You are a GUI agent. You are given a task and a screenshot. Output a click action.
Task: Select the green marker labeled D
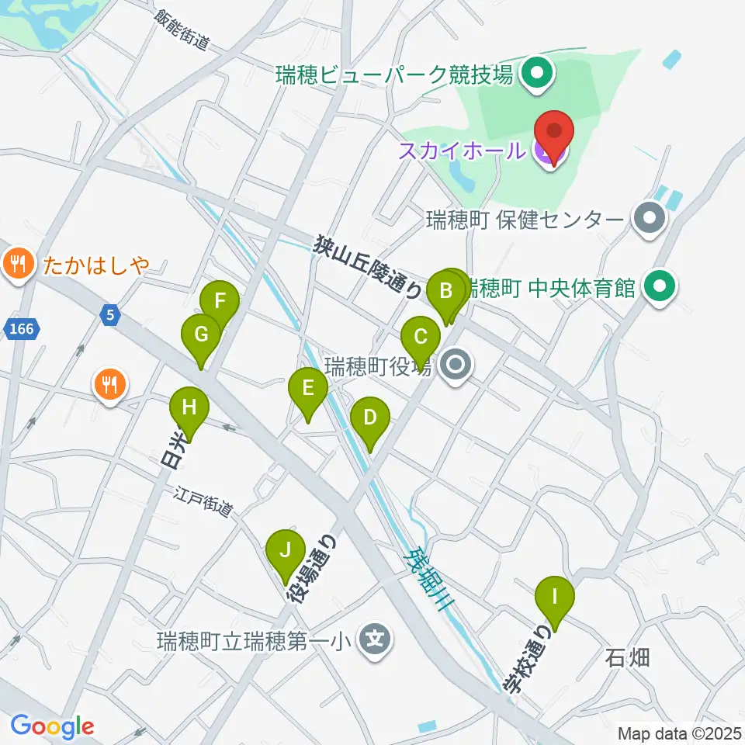click(x=370, y=419)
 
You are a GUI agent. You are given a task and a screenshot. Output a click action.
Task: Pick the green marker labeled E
click(x=308, y=387)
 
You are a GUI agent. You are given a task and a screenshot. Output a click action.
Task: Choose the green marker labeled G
click(x=201, y=336)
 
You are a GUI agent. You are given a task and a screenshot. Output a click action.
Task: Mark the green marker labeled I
click(x=555, y=598)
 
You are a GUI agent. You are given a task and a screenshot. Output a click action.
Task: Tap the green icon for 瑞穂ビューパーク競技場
click(x=535, y=75)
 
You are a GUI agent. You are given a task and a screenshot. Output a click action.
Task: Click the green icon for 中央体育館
click(x=659, y=289)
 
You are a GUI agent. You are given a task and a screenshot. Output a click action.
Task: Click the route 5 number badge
click(x=111, y=314)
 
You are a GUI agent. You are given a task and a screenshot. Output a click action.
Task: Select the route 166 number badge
click(x=23, y=330)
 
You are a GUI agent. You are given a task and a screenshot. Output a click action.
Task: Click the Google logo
click(x=52, y=727)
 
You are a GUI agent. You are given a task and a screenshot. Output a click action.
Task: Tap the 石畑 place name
click(x=627, y=658)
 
